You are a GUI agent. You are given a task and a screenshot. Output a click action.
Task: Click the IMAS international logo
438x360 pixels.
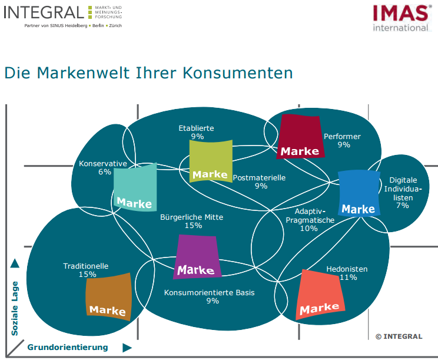(400, 17)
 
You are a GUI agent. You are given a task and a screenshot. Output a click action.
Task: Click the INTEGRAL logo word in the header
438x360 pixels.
(44, 11)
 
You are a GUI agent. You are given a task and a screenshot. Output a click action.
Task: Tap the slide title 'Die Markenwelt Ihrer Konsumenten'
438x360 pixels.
(148, 72)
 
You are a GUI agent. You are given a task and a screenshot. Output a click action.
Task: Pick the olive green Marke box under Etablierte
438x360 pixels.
(210, 161)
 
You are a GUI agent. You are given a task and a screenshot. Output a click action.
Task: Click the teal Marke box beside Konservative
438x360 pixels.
(135, 187)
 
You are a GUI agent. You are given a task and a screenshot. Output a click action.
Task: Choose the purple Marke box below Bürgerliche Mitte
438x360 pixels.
(197, 256)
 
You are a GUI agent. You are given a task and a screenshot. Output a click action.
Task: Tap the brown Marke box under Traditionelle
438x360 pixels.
(108, 296)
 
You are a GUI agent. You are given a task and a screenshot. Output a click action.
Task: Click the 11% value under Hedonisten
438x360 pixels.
(348, 278)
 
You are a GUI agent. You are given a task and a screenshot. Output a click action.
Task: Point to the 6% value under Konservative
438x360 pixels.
(104, 172)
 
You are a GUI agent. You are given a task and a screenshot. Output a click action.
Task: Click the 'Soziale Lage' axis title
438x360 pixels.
(15, 308)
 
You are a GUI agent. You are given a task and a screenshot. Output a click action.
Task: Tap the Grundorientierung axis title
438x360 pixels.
(68, 347)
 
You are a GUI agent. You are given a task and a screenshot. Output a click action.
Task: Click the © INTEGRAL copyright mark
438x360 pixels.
(399, 336)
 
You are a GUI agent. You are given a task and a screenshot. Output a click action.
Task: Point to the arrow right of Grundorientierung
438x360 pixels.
(127, 348)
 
